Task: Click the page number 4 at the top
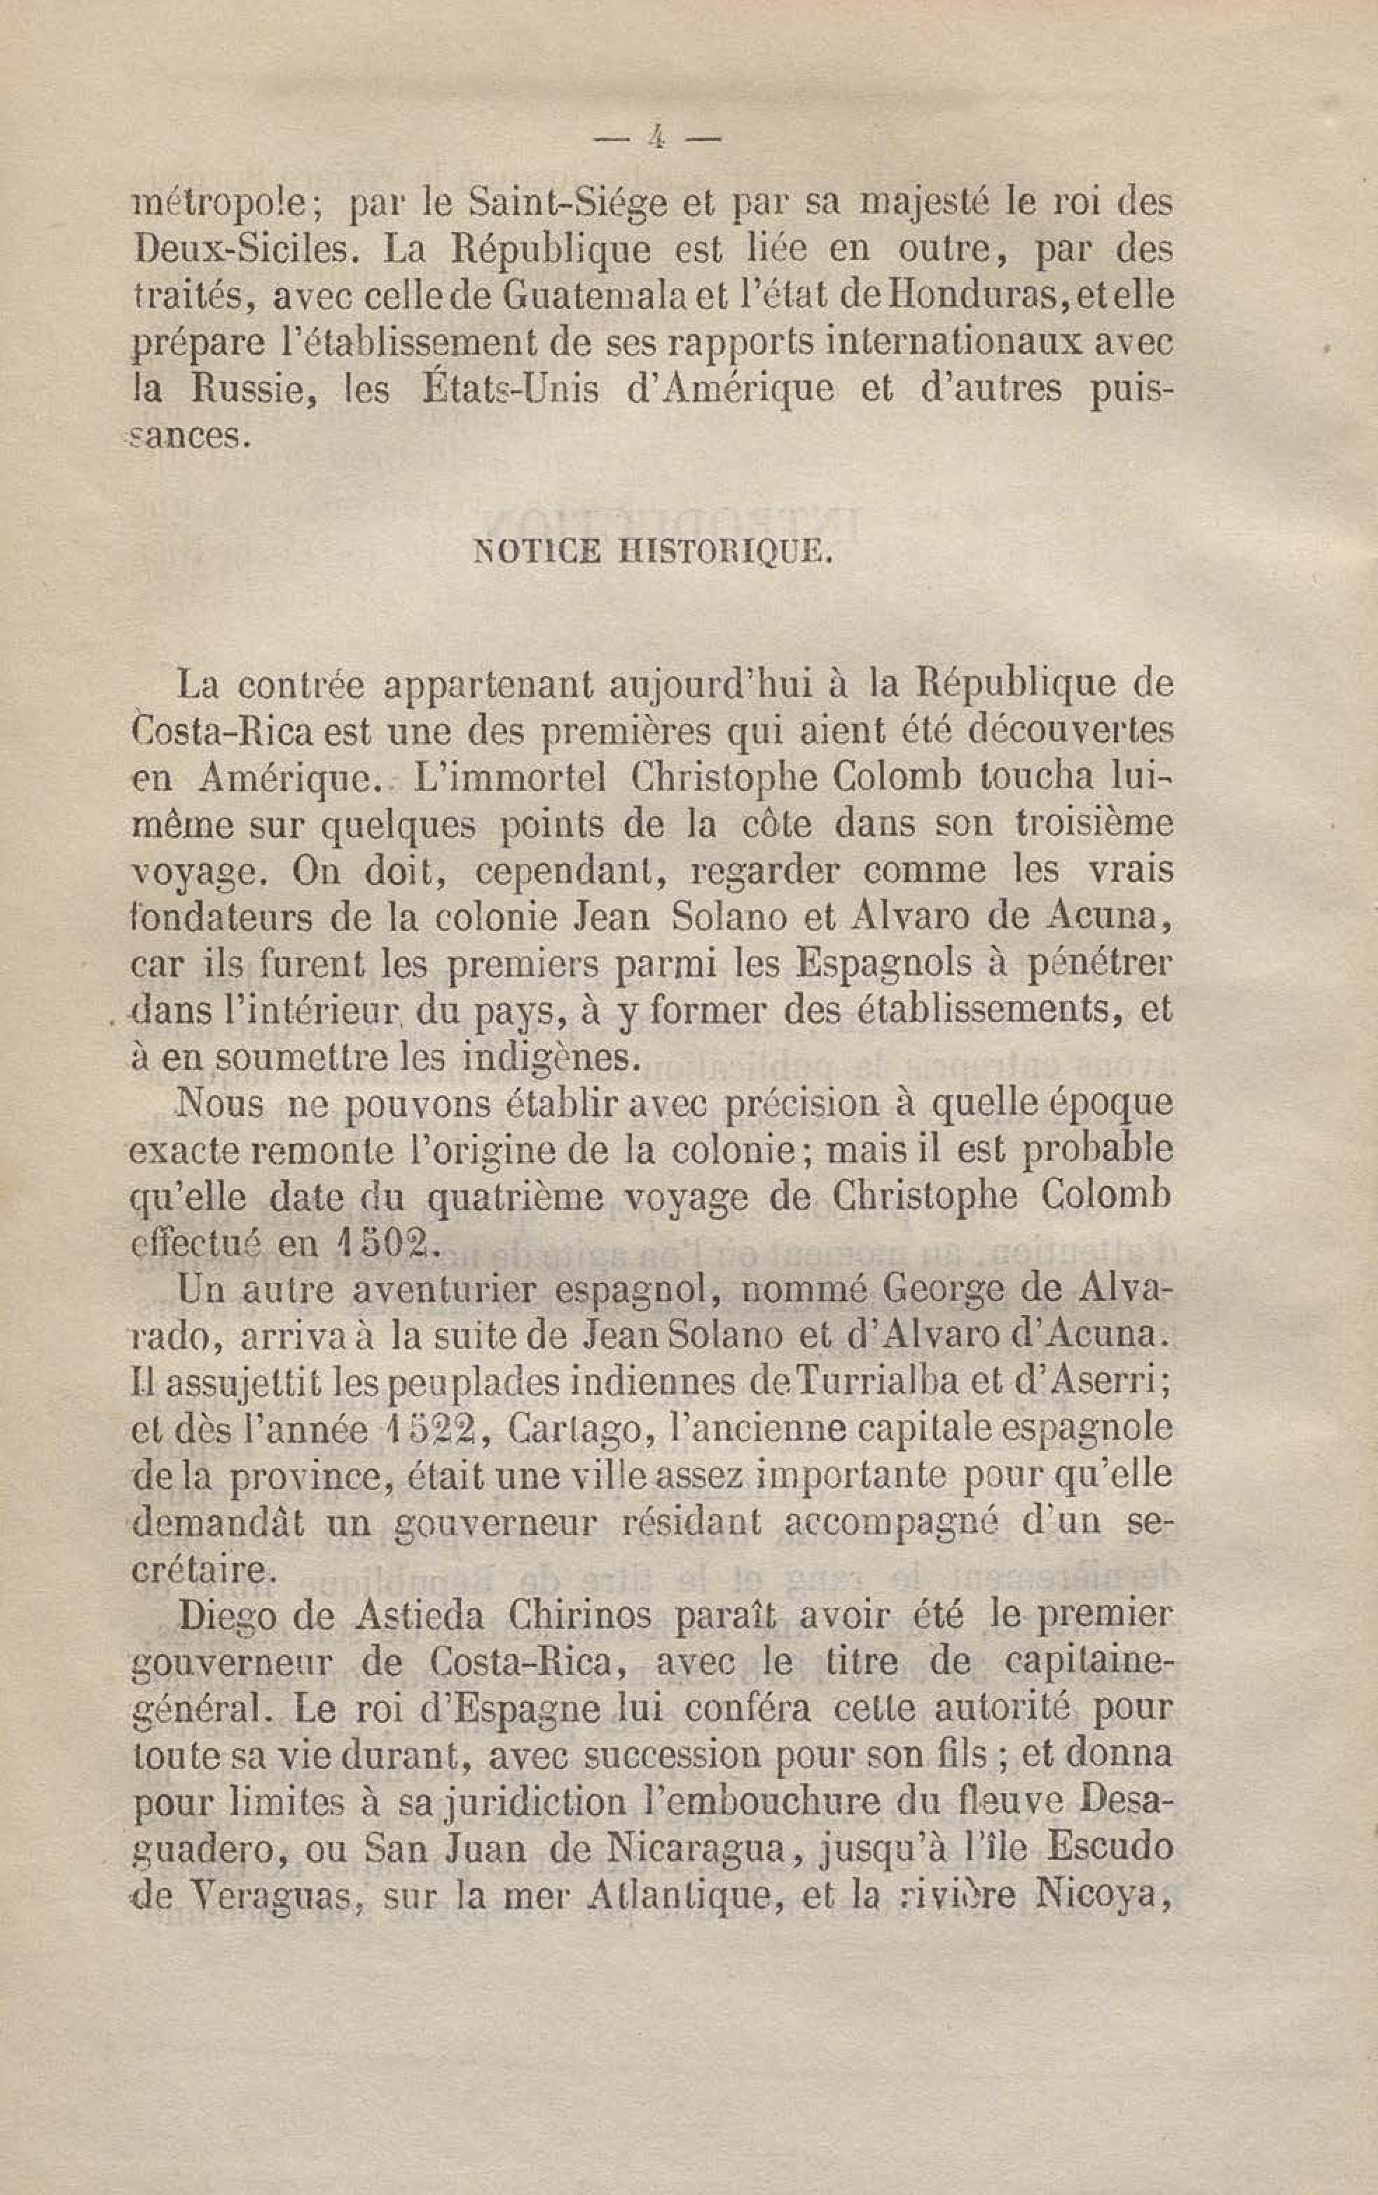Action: pos(656,139)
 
